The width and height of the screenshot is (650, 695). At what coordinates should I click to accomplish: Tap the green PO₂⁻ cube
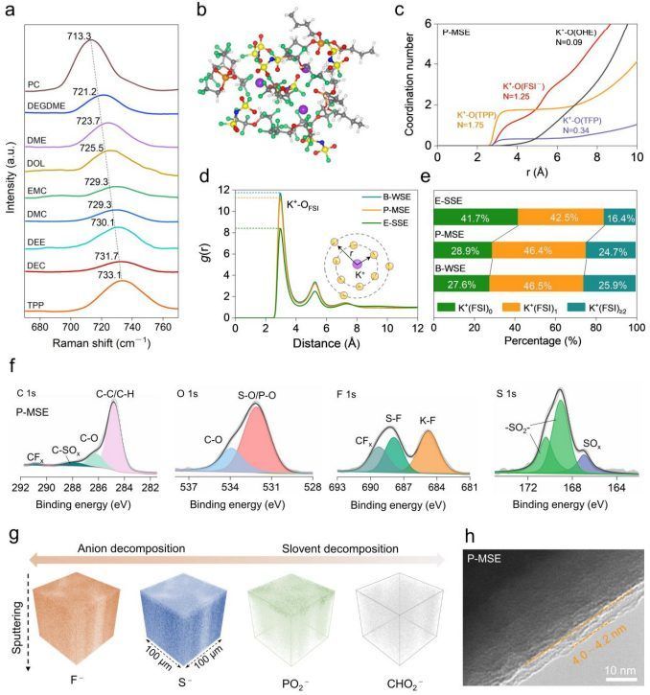pos(286,614)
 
